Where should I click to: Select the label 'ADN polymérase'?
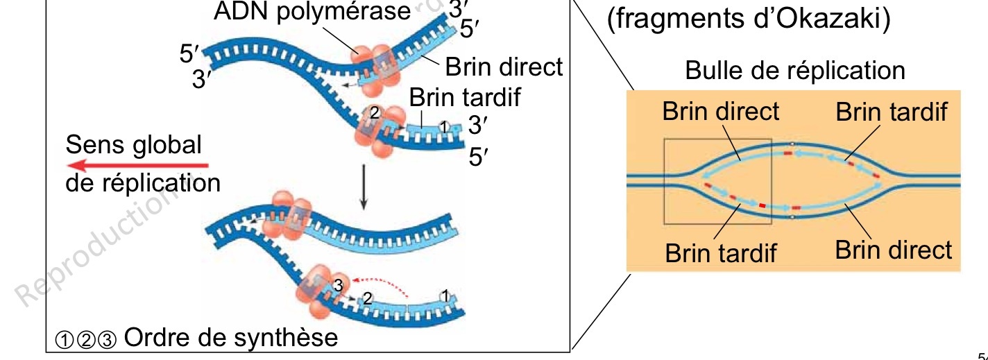point(312,11)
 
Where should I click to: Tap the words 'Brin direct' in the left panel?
point(504,67)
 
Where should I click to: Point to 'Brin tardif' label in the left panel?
point(464,98)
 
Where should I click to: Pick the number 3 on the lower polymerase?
point(338,284)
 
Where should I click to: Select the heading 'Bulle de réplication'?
point(795,71)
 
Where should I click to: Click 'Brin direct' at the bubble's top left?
point(721,112)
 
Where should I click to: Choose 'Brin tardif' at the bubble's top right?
point(892,112)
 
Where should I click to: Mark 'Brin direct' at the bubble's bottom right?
point(894,250)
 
